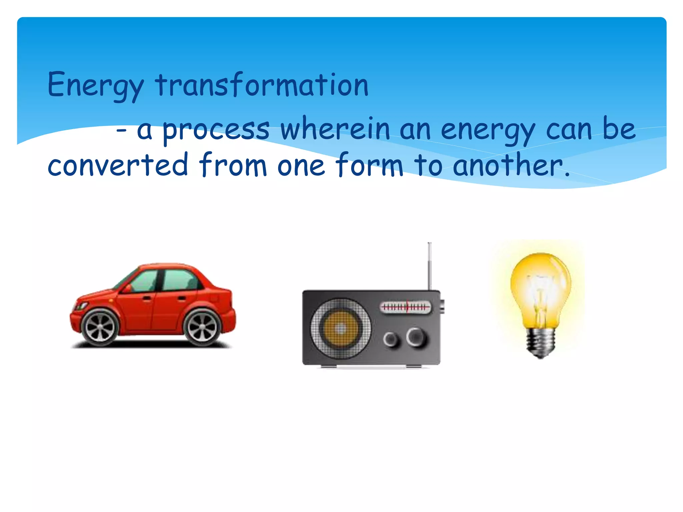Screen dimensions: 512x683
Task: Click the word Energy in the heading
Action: click(x=95, y=85)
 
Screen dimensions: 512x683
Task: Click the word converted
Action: click(x=118, y=165)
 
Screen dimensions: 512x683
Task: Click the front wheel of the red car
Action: click(x=100, y=328)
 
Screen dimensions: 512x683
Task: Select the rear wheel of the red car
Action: click(x=202, y=328)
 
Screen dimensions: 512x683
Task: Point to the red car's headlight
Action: click(x=80, y=306)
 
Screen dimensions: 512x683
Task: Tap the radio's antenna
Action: click(x=430, y=267)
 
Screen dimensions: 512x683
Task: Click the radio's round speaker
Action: click(x=340, y=328)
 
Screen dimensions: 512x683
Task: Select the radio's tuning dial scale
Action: click(x=405, y=307)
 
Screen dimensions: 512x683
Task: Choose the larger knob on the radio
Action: click(x=416, y=337)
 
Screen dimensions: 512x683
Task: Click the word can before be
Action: click(x=569, y=130)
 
